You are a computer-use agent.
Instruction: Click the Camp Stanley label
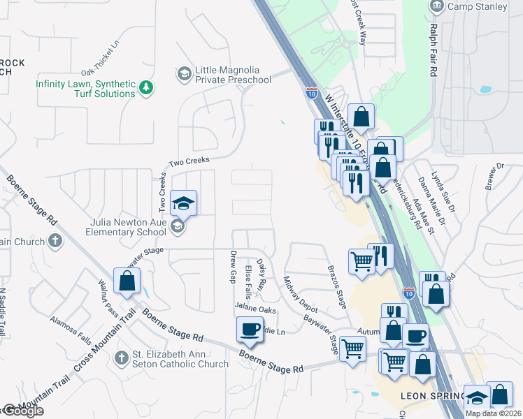[x=478, y=7]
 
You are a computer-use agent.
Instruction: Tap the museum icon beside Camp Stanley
[x=437, y=6]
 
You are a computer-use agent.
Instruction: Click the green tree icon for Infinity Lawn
[x=146, y=88]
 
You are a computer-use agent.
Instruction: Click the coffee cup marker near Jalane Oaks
[x=250, y=329]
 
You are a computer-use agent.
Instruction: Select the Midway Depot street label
[x=301, y=294]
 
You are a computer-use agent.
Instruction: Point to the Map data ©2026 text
[x=493, y=413]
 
